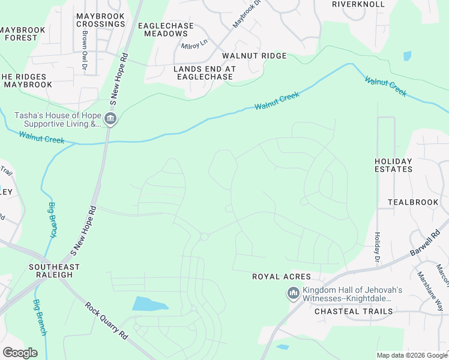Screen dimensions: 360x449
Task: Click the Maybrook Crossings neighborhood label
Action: [101, 19]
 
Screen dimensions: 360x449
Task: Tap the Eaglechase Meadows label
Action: [166, 29]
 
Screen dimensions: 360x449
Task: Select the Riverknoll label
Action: [358, 4]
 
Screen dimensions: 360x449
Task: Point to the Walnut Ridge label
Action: [254, 56]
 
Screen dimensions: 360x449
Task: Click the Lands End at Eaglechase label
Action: [204, 73]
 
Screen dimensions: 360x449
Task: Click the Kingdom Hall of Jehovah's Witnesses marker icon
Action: [293, 293]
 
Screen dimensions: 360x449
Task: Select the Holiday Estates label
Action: [393, 165]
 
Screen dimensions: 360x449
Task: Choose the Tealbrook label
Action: [413, 202]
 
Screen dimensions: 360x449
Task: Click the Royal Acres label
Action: [281, 277]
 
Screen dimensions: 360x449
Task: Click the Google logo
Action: [20, 353]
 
